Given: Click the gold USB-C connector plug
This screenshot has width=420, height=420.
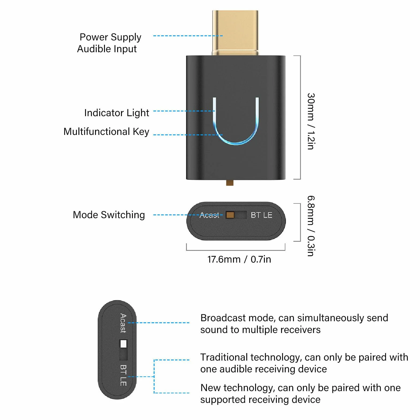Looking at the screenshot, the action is (235, 33).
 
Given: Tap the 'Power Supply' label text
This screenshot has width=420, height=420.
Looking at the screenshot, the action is (110, 37).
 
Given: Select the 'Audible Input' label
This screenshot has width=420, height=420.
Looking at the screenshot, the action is (107, 49).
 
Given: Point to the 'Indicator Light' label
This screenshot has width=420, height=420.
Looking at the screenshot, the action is (116, 113).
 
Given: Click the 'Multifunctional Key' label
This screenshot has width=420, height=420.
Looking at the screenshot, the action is (106, 132).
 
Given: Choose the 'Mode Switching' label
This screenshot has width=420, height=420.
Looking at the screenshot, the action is (109, 215).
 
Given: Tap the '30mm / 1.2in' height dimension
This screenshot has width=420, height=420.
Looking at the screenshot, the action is (311, 121).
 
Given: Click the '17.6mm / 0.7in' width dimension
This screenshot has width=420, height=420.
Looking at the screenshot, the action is (239, 259).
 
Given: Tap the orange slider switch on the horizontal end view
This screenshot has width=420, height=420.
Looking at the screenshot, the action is (230, 215).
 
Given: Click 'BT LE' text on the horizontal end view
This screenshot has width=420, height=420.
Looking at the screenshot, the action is (262, 215).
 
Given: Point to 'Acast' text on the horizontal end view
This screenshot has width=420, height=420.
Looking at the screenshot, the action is (209, 215).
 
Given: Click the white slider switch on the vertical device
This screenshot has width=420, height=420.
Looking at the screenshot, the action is (123, 344).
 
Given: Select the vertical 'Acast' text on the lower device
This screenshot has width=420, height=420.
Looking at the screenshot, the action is (123, 323).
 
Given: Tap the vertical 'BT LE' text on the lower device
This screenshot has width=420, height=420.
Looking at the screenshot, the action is (123, 375).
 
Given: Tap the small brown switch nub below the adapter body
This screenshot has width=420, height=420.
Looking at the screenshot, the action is (230, 183).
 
